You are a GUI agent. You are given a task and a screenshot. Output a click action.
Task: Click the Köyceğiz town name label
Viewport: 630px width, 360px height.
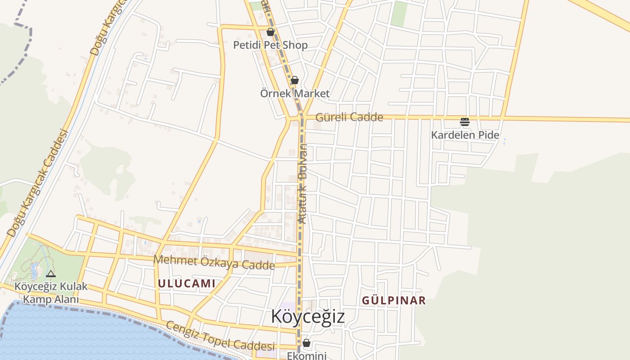click(x=308, y=316)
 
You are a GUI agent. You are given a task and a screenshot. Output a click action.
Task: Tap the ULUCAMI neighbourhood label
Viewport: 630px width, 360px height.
click(x=186, y=283)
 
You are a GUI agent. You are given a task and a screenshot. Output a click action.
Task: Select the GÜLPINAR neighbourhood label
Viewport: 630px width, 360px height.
click(x=394, y=301)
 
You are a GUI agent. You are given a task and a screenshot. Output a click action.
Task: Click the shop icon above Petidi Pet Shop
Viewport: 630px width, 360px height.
click(x=270, y=32)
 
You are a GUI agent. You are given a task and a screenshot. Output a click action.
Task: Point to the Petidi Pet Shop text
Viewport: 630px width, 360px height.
click(x=270, y=45)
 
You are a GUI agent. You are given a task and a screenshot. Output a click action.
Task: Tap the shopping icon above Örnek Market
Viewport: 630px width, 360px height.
click(x=294, y=80)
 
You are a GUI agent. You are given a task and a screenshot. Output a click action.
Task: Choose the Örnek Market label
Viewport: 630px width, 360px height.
click(x=295, y=94)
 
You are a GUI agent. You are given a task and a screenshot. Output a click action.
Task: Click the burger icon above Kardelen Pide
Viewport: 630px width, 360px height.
click(x=464, y=121)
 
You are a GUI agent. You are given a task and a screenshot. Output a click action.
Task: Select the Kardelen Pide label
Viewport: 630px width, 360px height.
click(x=465, y=135)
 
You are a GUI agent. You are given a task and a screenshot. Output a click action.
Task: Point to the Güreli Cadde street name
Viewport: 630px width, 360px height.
click(x=349, y=117)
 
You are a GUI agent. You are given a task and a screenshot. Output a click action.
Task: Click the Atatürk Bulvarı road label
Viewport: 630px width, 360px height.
click(x=303, y=184)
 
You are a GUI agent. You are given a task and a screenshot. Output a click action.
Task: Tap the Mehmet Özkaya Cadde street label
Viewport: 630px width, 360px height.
click(x=214, y=262)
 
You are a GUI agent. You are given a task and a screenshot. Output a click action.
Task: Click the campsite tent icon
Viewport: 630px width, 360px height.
click(x=51, y=274)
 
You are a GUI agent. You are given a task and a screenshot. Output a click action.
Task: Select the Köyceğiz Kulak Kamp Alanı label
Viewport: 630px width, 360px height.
click(x=51, y=292)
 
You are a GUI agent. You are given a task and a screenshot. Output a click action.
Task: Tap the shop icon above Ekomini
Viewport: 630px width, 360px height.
click(x=306, y=343)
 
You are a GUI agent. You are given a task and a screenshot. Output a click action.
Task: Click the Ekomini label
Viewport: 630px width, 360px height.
click(x=306, y=355)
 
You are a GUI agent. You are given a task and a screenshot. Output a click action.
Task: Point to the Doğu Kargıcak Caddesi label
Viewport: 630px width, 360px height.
click(x=38, y=184)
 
